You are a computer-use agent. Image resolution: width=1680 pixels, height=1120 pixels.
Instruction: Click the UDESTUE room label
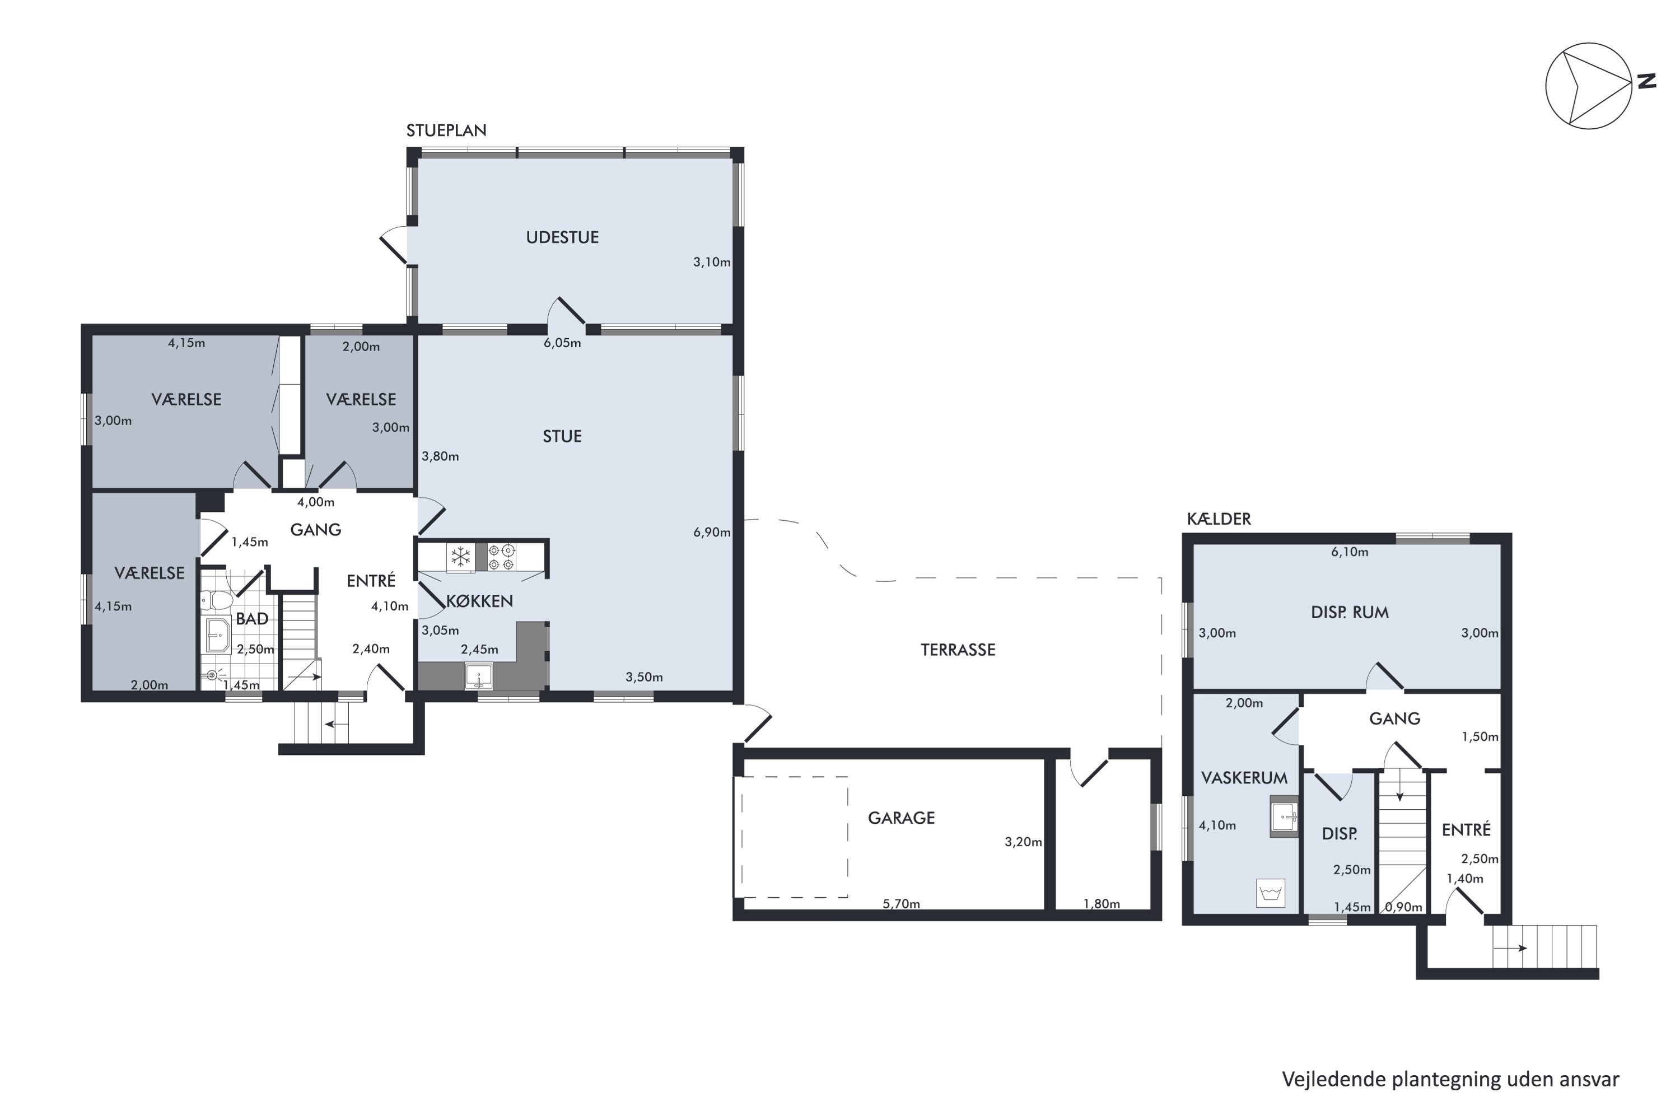[562, 237]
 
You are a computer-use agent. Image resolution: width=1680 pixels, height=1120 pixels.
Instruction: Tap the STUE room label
[562, 436]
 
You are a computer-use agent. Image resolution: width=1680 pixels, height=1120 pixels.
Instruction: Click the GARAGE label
[902, 818]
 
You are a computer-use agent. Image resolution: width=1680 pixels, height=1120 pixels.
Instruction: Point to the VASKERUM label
[1244, 778]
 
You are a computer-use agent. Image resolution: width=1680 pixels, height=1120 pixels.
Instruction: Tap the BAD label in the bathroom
[252, 619]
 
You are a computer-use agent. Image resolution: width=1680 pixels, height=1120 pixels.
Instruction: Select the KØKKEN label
[479, 601]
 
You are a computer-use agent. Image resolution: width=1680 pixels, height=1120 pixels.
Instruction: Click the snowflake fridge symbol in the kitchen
[461, 557]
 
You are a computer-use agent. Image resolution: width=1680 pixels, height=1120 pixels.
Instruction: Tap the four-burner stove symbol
[501, 557]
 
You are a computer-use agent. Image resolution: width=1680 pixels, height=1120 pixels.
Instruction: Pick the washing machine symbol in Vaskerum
[1270, 893]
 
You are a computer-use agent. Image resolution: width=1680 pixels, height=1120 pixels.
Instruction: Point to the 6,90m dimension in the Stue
[712, 532]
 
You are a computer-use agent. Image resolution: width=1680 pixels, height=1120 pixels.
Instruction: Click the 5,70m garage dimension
[902, 904]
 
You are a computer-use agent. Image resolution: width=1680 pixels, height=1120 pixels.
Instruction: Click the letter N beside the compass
[1647, 81]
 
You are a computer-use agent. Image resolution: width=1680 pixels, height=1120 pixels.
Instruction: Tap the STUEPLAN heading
[446, 130]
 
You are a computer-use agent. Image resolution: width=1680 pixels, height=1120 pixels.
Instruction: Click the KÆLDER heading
[1219, 519]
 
